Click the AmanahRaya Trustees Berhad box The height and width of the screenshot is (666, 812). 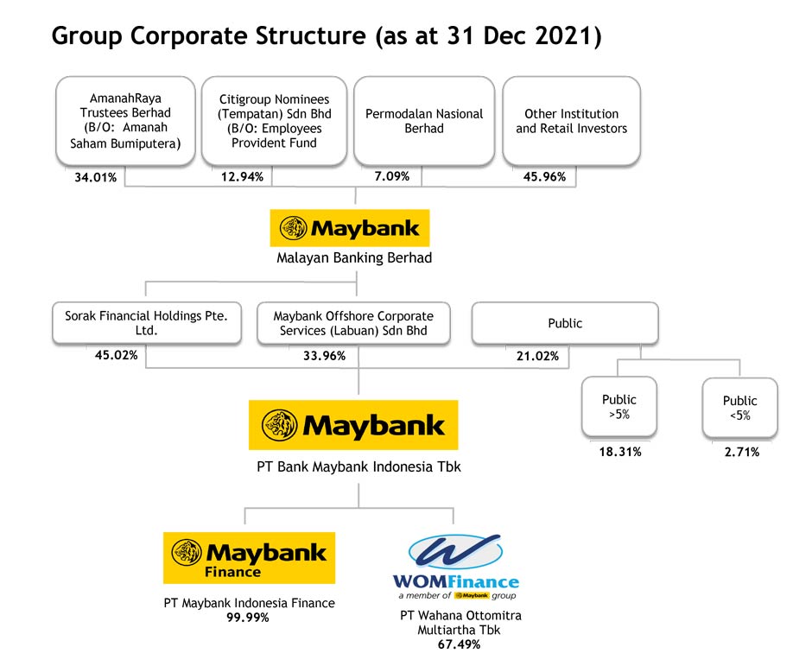pyautogui.click(x=125, y=121)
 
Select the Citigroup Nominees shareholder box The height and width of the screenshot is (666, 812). pyautogui.click(x=274, y=121)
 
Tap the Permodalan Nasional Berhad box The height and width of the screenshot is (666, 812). pyautogui.click(x=424, y=121)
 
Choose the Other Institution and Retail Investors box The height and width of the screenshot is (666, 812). pyautogui.click(x=571, y=121)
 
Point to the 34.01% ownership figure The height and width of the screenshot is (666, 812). pyautogui.click(x=96, y=178)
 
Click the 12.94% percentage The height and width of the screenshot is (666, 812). pyautogui.click(x=243, y=177)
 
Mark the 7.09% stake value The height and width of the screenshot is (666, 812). pyautogui.click(x=392, y=176)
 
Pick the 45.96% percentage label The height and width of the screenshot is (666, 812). pyautogui.click(x=544, y=177)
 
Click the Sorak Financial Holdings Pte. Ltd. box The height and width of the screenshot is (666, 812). pyautogui.click(x=147, y=323)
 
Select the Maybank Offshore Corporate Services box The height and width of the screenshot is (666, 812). pyautogui.click(x=353, y=323)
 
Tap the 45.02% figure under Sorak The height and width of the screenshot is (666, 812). pyautogui.click(x=117, y=355)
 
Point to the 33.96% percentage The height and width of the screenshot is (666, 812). pyautogui.click(x=324, y=356)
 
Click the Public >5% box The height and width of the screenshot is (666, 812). pyautogui.click(x=619, y=407)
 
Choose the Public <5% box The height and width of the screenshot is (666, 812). pyautogui.click(x=740, y=408)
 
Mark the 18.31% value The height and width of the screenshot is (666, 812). pyautogui.click(x=620, y=452)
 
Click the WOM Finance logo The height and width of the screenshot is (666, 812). pyautogui.click(x=456, y=567)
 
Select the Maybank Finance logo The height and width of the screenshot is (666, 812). pyautogui.click(x=249, y=558)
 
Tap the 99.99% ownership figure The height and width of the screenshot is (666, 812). pyautogui.click(x=248, y=618)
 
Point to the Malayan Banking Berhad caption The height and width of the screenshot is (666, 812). pyautogui.click(x=354, y=258)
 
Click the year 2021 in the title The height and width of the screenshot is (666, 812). pyautogui.click(x=564, y=36)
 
